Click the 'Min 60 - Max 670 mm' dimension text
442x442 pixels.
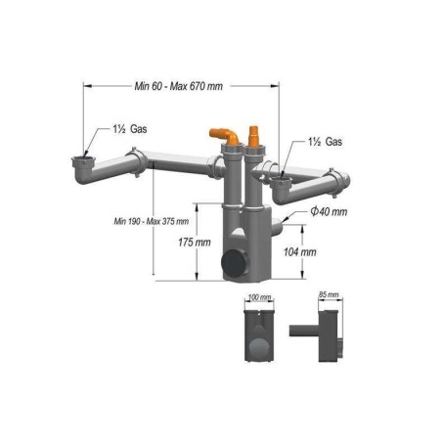click(178, 86)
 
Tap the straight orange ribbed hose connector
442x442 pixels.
click(256, 135)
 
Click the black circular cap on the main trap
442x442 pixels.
click(235, 264)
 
